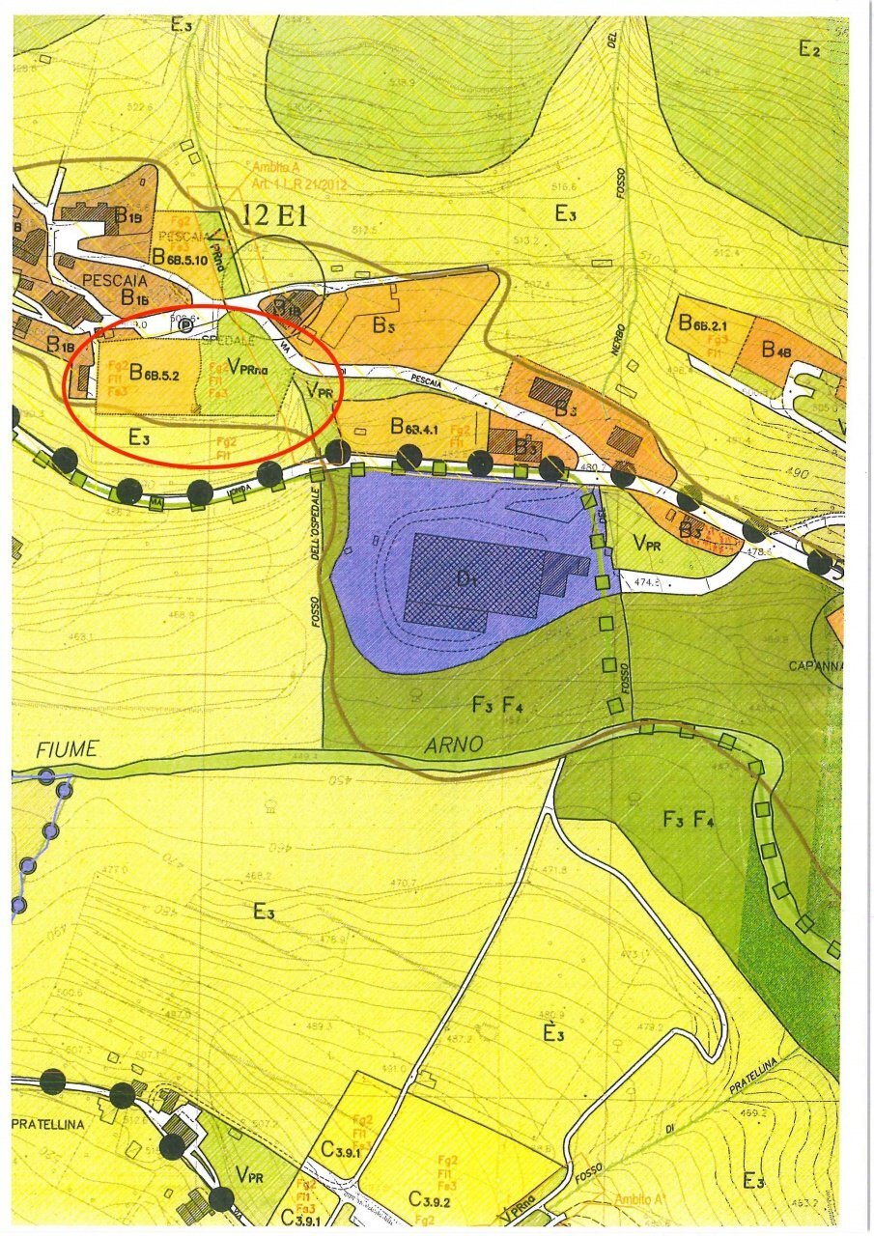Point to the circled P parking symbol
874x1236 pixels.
[x=186, y=325]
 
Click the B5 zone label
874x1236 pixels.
[x=384, y=325]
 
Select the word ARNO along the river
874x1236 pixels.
[x=453, y=745]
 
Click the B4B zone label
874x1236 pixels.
[x=776, y=350]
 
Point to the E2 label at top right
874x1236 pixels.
[x=808, y=49]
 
